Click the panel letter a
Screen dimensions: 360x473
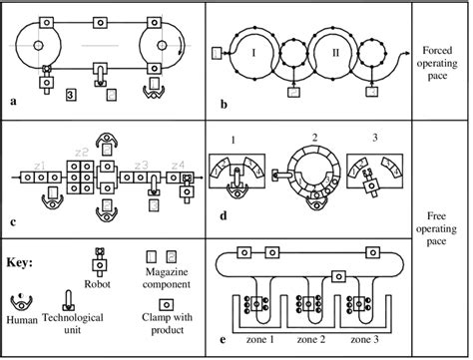click(12, 101)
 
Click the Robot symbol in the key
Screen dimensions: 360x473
click(100, 260)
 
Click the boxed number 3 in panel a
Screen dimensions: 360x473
click(71, 96)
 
